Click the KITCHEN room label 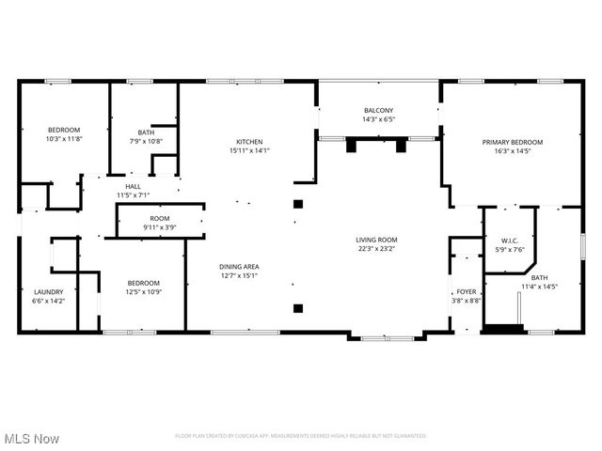click(249, 141)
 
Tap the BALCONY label click(379, 110)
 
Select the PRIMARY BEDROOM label click(513, 142)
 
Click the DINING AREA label click(240, 267)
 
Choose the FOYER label click(466, 291)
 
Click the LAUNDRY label click(48, 291)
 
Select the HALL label click(134, 186)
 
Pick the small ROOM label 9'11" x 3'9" click(160, 218)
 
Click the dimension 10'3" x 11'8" click(65, 138)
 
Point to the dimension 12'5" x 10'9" click(144, 291)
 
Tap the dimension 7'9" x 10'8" click(146, 142)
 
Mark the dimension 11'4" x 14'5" click(540, 287)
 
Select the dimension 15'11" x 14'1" click(249, 150)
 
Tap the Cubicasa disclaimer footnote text click(301, 436)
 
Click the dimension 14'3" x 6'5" click(379, 119)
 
